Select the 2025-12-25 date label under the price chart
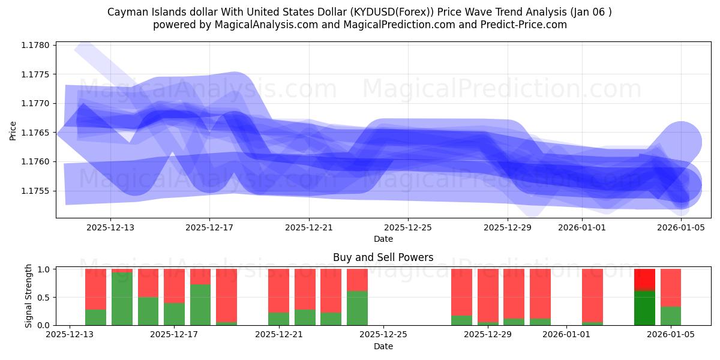tap(408, 227)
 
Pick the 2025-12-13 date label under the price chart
tap(110, 227)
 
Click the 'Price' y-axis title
tap(13, 130)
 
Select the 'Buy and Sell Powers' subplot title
tap(383, 257)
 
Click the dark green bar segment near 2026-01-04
tap(644, 308)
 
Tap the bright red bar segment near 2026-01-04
tap(644, 280)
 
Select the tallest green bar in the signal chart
tap(122, 299)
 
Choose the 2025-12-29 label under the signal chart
tap(487, 334)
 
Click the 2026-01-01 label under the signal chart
tap(566, 334)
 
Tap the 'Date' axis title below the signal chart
tap(383, 346)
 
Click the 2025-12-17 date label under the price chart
tap(209, 227)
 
